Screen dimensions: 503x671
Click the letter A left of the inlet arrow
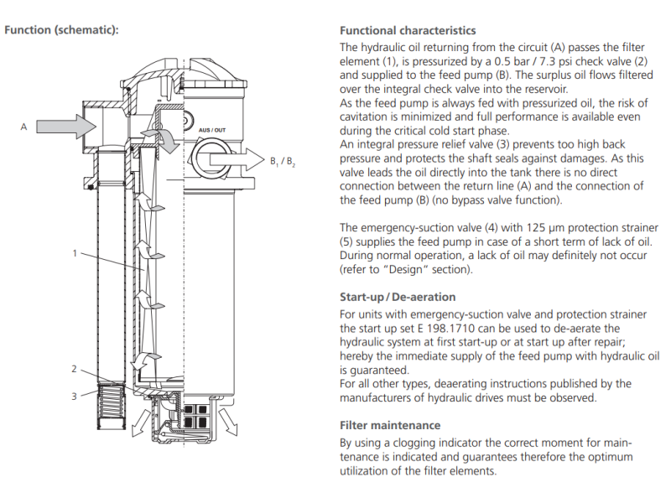pos(23,127)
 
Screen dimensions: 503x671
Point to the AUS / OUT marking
pos(211,131)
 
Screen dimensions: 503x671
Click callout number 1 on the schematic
pos(75,251)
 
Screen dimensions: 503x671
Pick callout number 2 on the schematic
pos(74,369)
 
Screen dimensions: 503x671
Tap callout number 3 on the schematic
pos(74,396)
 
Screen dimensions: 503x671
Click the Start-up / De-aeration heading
pos(398,297)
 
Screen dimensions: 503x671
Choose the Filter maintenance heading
pos(389,425)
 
